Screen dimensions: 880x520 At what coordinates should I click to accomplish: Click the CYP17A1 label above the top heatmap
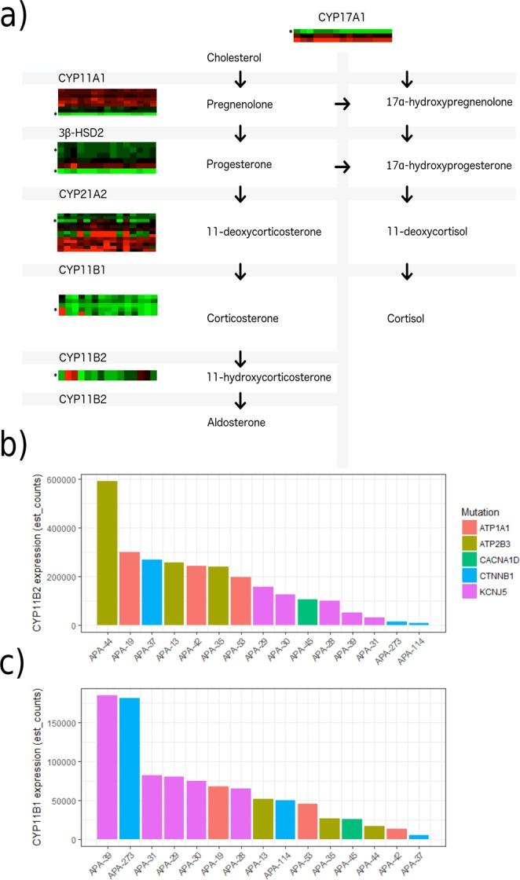[x=342, y=14]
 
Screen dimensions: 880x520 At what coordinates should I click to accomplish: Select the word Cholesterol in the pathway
[x=234, y=58]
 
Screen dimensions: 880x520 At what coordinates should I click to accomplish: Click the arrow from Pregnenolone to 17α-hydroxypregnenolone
[x=342, y=104]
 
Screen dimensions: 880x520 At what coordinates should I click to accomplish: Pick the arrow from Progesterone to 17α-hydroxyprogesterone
[x=342, y=167]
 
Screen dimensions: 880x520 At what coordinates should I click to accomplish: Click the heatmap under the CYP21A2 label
[x=107, y=233]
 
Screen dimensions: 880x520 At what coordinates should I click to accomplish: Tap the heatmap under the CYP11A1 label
[x=107, y=102]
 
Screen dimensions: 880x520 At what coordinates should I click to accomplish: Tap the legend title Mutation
[x=470, y=511]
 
